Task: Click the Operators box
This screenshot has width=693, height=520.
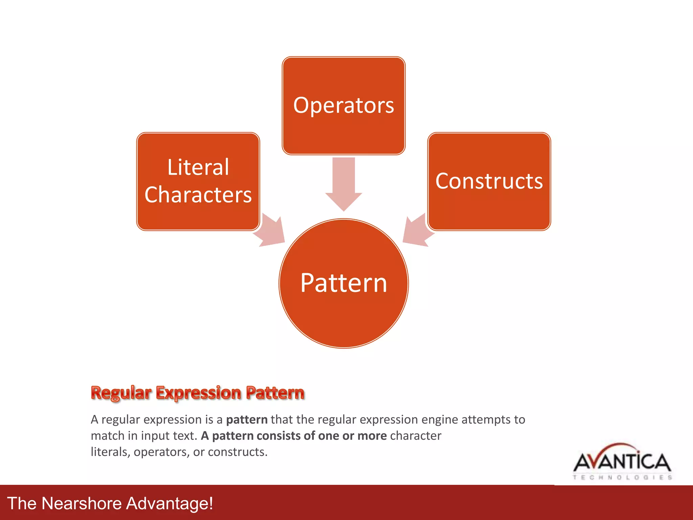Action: tap(343, 106)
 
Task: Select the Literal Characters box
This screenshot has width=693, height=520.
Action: tap(198, 181)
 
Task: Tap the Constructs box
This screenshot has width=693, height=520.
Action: tap(489, 181)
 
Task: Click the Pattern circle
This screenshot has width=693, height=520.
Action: tap(343, 283)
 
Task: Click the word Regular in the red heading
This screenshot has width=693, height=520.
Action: tap(121, 393)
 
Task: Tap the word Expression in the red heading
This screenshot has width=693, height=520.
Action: tap(199, 393)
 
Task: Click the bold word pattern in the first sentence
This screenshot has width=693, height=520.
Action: tap(247, 420)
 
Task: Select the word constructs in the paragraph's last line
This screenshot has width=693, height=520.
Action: tap(237, 452)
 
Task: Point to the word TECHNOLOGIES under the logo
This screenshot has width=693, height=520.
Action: tap(622, 477)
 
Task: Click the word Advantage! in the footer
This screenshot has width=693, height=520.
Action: tap(170, 503)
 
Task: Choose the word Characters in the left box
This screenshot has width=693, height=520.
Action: tap(198, 195)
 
